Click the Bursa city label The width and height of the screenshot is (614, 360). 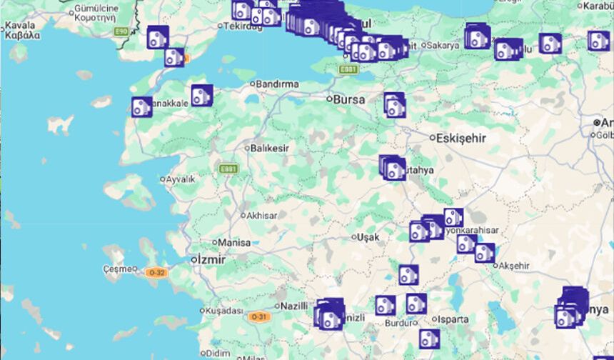click(350, 99)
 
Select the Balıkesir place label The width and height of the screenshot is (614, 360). click(270, 148)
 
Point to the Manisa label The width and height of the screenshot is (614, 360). click(234, 242)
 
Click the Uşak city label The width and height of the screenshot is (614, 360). click(368, 236)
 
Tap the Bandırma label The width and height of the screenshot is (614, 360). click(278, 84)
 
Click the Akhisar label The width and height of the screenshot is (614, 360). click(261, 215)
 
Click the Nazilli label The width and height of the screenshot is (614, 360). click(293, 305)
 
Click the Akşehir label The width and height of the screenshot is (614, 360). click(515, 266)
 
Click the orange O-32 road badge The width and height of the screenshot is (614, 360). click(156, 272)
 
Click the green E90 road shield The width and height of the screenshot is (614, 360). click(122, 31)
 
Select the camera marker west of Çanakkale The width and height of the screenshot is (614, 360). click(141, 107)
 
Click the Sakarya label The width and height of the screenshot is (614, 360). click(443, 45)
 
